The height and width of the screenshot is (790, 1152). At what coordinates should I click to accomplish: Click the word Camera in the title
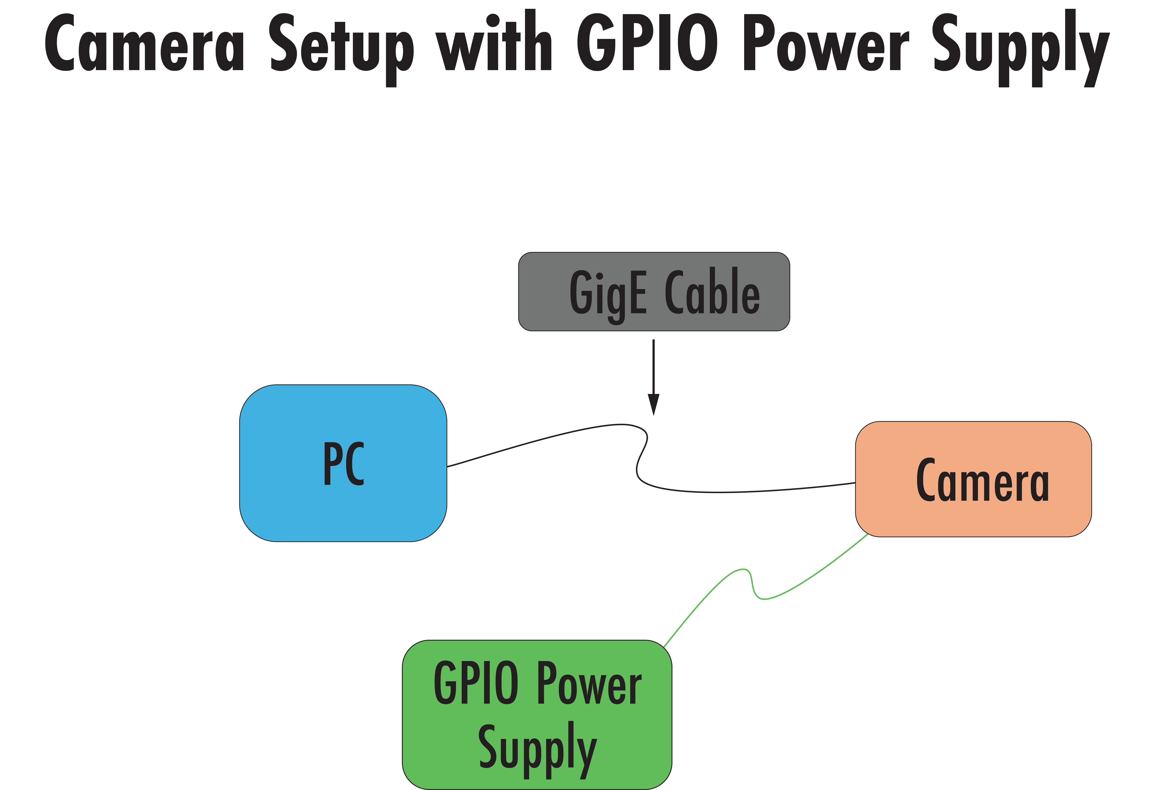coord(144,44)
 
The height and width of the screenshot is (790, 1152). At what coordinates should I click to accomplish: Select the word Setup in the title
coord(342,47)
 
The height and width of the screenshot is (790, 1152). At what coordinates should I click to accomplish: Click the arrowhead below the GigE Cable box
coord(653,404)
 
